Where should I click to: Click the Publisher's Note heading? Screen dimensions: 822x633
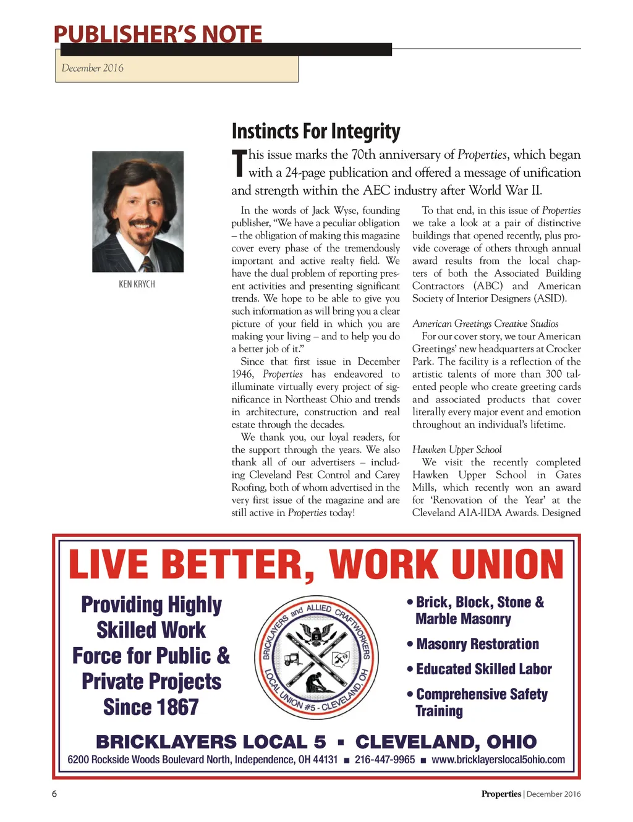158,34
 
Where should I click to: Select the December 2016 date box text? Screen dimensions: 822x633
93,68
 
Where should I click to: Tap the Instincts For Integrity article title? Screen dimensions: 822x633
316,131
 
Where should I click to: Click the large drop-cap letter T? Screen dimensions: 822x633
239,163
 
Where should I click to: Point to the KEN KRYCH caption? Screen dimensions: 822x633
137,284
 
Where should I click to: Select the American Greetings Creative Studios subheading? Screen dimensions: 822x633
485,324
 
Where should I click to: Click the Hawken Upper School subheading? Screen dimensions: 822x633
457,450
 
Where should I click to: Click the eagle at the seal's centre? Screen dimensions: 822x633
315,635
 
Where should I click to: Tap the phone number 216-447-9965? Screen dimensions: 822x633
384,760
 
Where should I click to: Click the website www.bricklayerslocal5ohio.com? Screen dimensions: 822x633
498,760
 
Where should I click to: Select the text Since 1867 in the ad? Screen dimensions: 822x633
151,707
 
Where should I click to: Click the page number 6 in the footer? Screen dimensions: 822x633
54,794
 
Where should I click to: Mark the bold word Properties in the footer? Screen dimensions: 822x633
501,794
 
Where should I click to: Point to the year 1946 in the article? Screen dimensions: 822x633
242,375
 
